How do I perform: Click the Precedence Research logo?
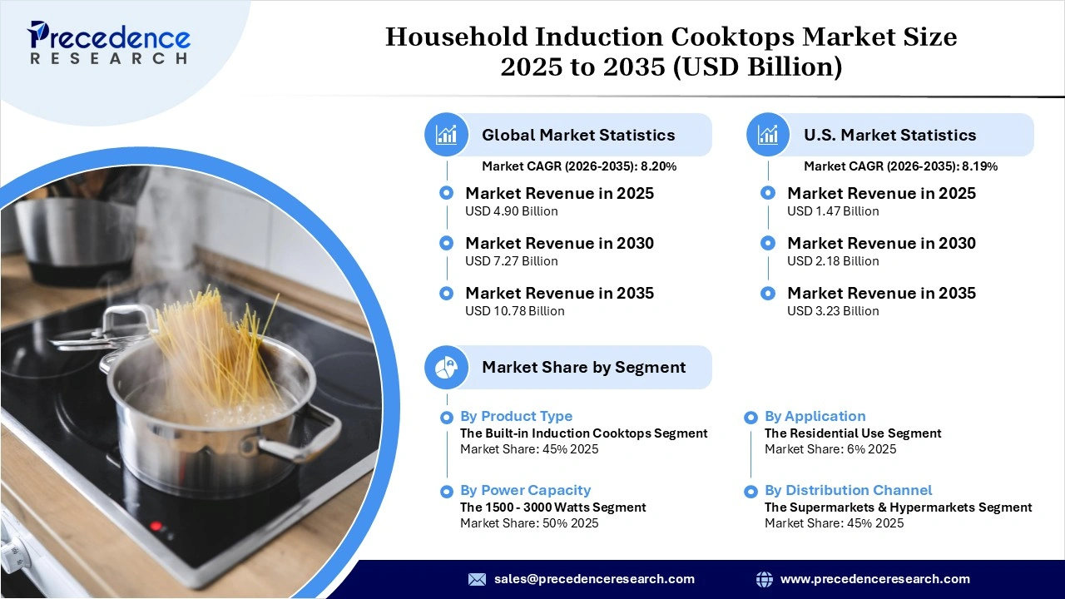[109, 42]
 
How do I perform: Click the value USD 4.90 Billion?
[511, 211]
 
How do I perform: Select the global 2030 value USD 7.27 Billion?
[511, 261]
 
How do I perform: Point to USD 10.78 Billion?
[514, 311]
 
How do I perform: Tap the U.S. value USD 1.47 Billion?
[833, 211]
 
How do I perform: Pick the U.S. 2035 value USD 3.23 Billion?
[833, 311]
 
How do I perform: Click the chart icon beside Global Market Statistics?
[447, 135]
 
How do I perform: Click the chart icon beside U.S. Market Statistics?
[768, 135]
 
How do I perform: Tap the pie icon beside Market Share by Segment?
[447, 367]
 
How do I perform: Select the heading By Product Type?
[516, 416]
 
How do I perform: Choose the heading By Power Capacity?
[525, 490]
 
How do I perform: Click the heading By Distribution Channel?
[848, 490]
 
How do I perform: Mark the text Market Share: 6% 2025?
[830, 449]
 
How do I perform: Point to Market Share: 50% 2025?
[529, 523]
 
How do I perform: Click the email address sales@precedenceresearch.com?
[594, 579]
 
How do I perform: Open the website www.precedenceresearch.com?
[874, 579]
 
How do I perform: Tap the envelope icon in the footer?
[477, 579]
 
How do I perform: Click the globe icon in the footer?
[764, 579]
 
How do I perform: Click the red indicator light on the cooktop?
[156, 526]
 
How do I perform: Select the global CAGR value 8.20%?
[658, 166]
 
